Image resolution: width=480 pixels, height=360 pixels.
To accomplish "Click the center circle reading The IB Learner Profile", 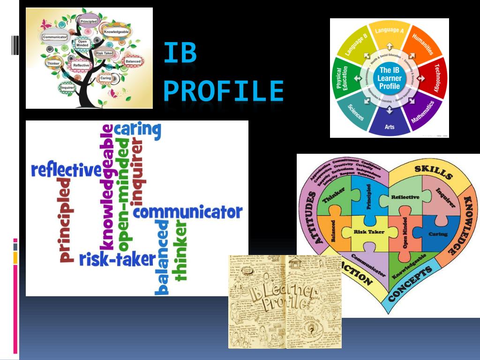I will [390, 78].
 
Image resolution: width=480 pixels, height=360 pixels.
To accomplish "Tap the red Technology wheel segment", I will [435, 77].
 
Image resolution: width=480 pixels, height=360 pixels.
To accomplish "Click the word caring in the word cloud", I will [138, 130].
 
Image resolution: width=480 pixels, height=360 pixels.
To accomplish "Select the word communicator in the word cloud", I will [188, 212].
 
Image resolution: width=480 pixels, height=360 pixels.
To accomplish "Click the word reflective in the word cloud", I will [66, 170].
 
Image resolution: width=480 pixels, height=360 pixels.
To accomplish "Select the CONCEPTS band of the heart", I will [410, 285].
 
